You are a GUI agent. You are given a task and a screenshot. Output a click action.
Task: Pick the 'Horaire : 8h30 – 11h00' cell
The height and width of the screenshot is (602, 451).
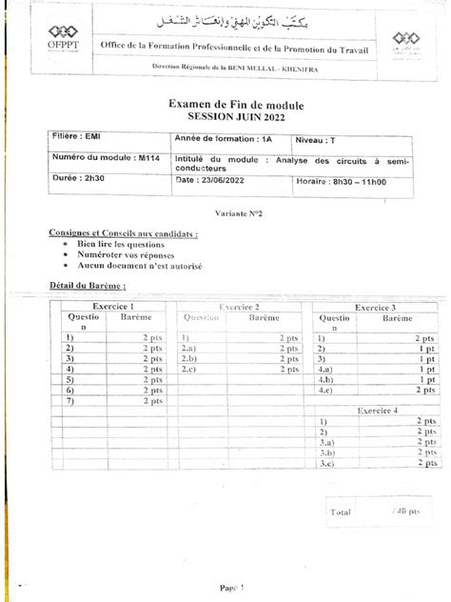click(x=343, y=177)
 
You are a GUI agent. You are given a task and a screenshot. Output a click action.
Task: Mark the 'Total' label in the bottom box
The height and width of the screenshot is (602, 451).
click(x=341, y=511)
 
